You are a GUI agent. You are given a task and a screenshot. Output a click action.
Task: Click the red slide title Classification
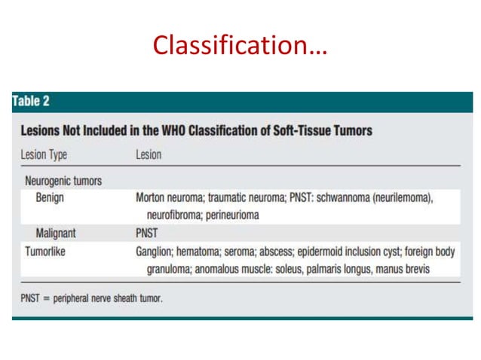coord(240,46)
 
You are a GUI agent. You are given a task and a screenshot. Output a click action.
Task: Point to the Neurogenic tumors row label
coord(63,181)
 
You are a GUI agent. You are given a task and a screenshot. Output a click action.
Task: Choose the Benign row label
coord(51,197)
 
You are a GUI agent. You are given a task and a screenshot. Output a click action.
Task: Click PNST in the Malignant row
coord(148,233)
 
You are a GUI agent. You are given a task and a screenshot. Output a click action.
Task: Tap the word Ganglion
coord(155,252)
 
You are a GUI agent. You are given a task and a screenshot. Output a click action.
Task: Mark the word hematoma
coord(204,252)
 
